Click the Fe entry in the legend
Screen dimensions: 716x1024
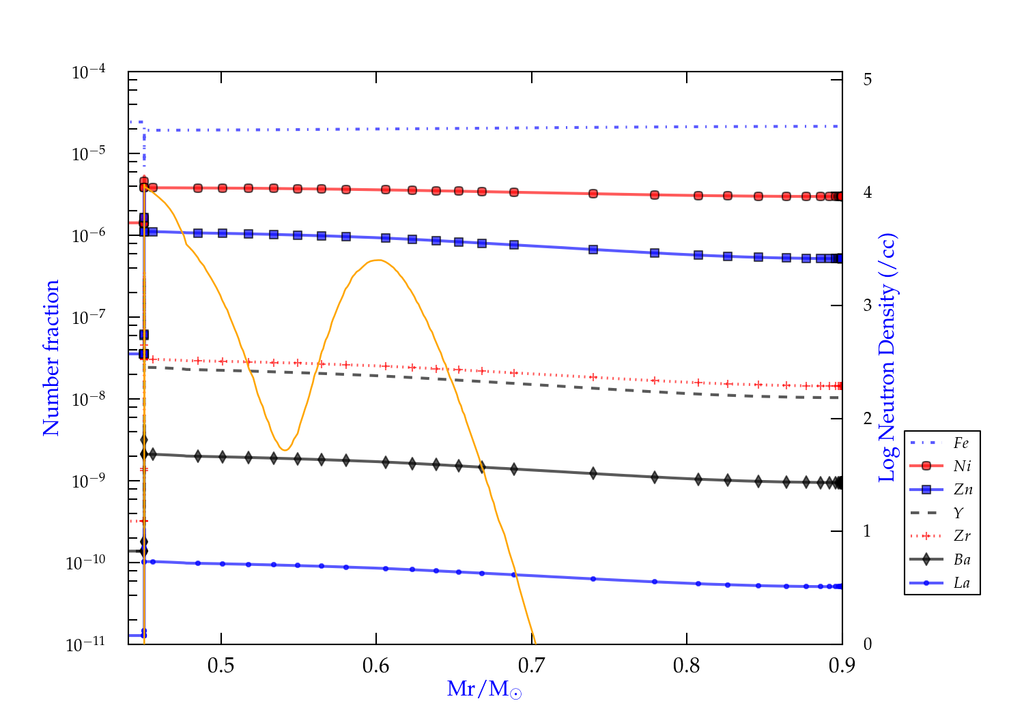tap(961, 443)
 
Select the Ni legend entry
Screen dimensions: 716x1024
tap(962, 466)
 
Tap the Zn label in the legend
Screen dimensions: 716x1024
tap(963, 490)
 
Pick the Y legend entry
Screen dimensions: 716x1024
tap(958, 513)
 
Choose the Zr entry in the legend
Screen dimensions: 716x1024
tap(962, 536)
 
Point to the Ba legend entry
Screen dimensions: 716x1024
tap(962, 559)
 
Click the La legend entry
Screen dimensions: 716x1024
tap(961, 583)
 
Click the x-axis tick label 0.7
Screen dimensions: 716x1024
tap(531, 666)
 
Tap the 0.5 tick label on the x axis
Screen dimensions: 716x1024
tap(221, 666)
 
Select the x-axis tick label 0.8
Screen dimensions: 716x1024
tap(686, 666)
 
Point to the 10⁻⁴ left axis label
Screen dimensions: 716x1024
tap(88, 72)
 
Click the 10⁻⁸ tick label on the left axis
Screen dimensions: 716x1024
tap(88, 399)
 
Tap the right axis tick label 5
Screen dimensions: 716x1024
tap(867, 79)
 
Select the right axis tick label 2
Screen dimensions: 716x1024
tap(867, 418)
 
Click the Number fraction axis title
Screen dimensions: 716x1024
tap(51, 358)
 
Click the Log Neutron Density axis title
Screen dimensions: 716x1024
tap(887, 358)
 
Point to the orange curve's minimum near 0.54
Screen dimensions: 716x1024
tap(285, 450)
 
